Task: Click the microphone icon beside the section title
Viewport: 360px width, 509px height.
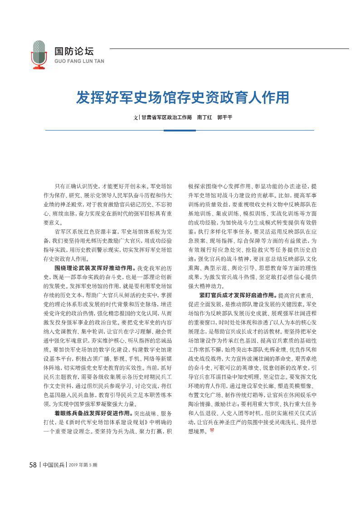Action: [39, 53]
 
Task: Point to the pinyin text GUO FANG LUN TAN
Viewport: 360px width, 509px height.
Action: [79, 61]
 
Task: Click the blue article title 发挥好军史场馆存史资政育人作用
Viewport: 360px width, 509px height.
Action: [182, 97]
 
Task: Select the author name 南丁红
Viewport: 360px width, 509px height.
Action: [204, 117]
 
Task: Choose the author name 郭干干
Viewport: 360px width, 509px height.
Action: [224, 117]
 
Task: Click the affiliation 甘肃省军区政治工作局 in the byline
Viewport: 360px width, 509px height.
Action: [166, 117]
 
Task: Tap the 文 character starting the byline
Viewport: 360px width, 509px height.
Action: [135, 117]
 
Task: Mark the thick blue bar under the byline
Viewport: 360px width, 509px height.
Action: [180, 131]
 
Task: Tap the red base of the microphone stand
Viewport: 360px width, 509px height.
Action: [39, 68]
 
